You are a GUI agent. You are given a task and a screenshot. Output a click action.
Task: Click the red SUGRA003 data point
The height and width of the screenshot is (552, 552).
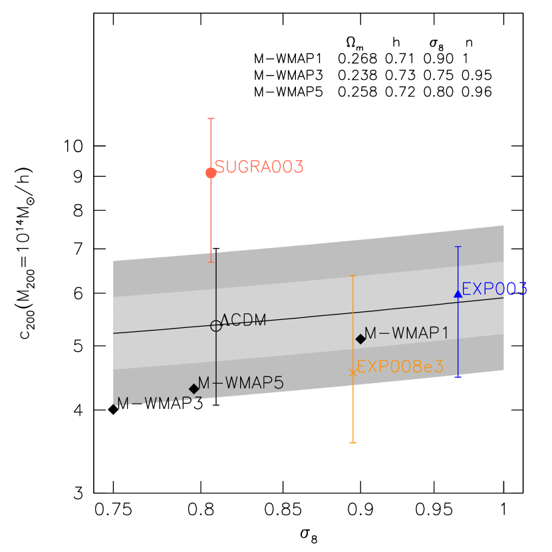[x=211, y=173]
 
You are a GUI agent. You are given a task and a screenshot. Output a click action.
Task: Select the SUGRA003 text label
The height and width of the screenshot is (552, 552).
[x=259, y=167]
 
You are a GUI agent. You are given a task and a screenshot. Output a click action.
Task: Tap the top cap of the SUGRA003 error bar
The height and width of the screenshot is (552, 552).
[x=211, y=118]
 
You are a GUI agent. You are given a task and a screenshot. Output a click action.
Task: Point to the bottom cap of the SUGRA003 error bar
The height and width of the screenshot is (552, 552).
[x=211, y=262]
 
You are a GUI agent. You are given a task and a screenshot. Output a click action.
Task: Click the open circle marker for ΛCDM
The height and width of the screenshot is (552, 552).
[x=215, y=326]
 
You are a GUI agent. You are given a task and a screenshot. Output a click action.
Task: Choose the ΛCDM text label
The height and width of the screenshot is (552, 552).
[x=243, y=321]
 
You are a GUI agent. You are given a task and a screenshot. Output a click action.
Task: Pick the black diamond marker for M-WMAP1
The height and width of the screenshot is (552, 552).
[x=360, y=339]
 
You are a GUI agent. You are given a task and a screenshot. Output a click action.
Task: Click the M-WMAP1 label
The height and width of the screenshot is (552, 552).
[x=406, y=333]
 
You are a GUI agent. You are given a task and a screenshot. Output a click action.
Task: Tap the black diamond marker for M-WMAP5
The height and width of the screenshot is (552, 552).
[x=194, y=388]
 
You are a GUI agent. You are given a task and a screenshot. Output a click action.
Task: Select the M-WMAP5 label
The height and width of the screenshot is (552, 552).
[x=241, y=382]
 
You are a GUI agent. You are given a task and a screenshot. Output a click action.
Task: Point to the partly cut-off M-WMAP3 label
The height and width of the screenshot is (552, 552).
[x=160, y=402]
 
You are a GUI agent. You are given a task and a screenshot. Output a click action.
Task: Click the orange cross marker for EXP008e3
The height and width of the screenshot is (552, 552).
[x=352, y=373]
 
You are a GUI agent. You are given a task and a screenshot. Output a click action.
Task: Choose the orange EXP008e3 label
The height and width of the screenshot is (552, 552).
[x=400, y=366]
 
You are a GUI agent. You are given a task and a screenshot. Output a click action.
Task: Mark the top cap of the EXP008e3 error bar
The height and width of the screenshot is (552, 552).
[x=352, y=275]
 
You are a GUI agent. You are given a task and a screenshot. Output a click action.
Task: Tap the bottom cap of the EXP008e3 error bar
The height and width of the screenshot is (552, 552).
[x=352, y=442]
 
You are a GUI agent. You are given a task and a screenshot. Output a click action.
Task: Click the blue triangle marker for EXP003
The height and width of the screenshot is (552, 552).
[x=458, y=293]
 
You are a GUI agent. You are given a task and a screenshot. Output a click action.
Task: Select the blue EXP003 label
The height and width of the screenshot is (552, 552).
[x=494, y=289]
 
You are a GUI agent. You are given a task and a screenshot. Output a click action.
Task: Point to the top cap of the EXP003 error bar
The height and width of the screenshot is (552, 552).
[x=458, y=247]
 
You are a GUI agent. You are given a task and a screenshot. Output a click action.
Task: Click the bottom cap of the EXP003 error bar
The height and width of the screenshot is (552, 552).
[x=458, y=376]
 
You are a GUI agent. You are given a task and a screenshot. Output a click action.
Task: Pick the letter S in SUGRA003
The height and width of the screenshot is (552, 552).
[x=219, y=167]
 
